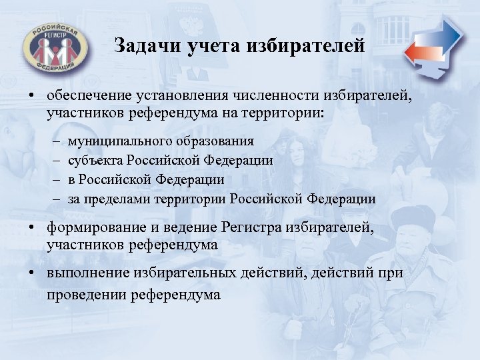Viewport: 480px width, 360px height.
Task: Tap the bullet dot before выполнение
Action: point(31,275)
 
